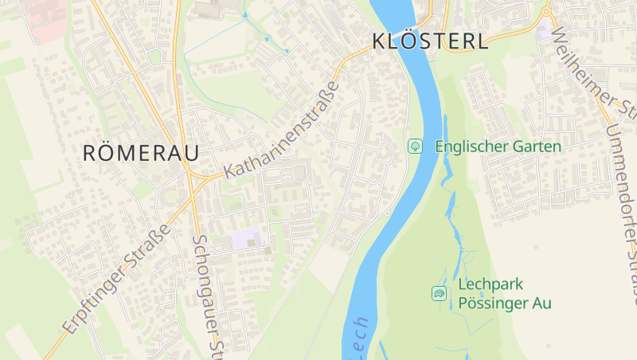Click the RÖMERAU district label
coord(140,153)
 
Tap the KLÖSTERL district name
coord(430,41)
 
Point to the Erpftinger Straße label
coord(116,279)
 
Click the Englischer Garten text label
coord(498,147)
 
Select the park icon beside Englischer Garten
coord(415,146)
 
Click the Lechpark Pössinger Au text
coord(505,294)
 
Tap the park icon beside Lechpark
coord(439,294)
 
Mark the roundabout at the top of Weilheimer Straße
coord(546,12)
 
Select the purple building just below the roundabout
coord(543,33)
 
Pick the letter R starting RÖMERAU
coord(91,153)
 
